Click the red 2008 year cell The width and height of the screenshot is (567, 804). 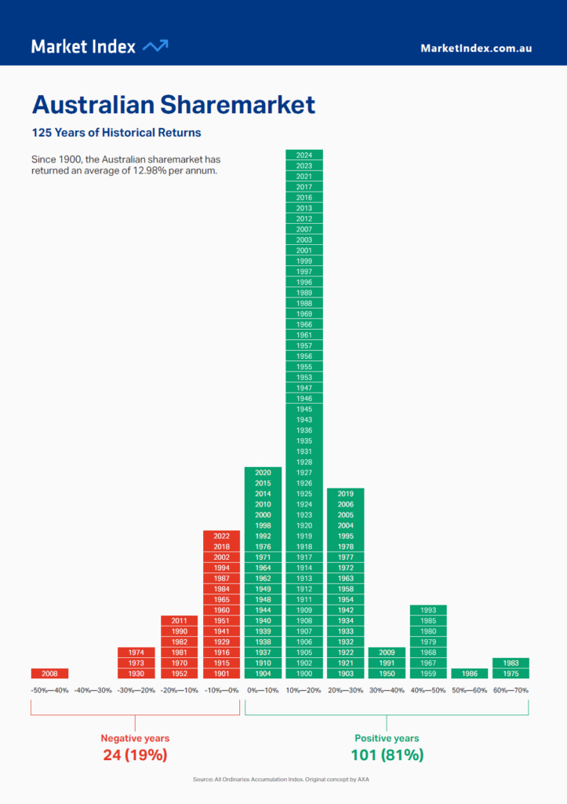[49, 673]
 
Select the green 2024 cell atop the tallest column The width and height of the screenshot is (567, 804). [304, 155]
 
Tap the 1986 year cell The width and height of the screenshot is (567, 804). [469, 673]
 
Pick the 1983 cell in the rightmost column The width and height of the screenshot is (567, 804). [511, 663]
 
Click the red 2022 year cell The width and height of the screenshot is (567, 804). [221, 535]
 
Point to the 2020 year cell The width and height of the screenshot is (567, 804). [263, 472]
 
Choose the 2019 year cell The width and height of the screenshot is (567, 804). [345, 494]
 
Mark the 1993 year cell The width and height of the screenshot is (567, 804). [428, 610]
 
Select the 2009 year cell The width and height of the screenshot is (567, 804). [387, 652]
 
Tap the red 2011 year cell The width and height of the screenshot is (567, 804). [180, 620]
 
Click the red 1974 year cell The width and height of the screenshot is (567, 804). [136, 652]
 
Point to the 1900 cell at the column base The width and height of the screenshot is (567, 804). [304, 673]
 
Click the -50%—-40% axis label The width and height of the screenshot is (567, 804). [49, 690]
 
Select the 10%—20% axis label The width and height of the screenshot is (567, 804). [304, 690]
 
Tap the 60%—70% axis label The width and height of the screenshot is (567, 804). [511, 690]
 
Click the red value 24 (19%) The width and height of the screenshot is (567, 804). [135, 755]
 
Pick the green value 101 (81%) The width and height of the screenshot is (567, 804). [387, 755]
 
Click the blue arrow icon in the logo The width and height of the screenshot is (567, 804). [155, 46]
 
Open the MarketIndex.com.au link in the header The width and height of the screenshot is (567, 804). [476, 48]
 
